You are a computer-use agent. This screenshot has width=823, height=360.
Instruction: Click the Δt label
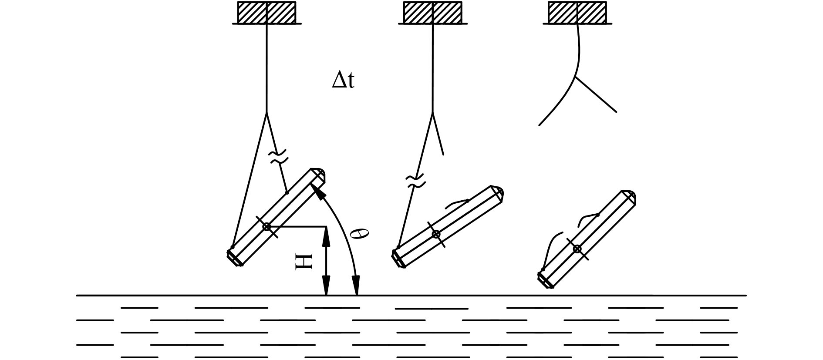tap(343, 81)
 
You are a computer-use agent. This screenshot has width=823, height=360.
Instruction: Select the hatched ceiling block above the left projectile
tap(266, 13)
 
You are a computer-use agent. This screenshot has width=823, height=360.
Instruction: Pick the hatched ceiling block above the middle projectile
tap(432, 13)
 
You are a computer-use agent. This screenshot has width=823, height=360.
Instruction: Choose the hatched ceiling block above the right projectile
tap(577, 13)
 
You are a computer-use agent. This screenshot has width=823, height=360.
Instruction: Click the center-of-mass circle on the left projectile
tap(266, 226)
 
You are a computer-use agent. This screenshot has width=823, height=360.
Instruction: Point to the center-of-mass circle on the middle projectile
tap(436, 234)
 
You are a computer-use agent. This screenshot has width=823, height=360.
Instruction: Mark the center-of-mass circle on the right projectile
tap(577, 249)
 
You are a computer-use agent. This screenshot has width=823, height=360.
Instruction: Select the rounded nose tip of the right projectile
tap(632, 196)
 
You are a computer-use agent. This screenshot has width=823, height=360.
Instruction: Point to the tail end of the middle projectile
tap(398, 260)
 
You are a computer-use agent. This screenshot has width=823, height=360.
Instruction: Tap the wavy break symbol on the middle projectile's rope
tap(415, 182)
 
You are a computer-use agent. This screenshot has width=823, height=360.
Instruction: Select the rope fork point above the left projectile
tap(266, 113)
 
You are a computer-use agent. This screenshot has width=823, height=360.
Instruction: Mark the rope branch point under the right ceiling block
tap(576, 77)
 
